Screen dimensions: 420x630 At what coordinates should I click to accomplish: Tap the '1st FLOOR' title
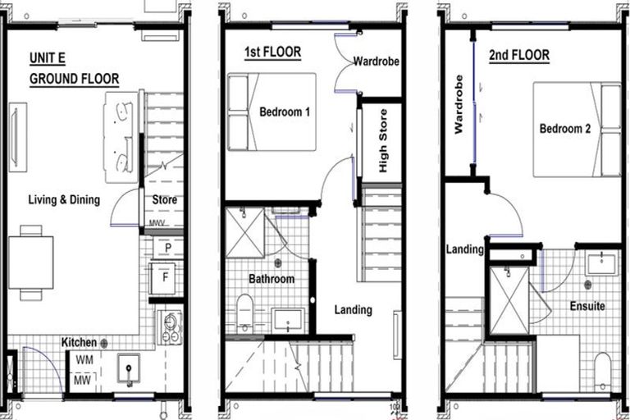coord(272,52)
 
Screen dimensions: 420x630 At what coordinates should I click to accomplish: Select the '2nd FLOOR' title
coord(518,56)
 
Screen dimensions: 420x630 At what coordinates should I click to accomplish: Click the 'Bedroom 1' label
coord(284,112)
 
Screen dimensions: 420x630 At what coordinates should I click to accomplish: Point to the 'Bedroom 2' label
coord(564,128)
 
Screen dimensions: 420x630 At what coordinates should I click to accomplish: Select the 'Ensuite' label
coord(587,306)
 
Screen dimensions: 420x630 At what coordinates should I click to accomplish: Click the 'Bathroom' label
coord(272,279)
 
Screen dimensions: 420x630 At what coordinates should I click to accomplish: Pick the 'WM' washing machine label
coord(84,360)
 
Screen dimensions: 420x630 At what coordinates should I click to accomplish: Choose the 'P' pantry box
coord(167,248)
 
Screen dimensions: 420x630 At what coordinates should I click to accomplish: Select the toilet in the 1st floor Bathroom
coord(244,312)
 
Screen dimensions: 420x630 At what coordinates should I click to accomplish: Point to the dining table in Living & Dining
coord(31,262)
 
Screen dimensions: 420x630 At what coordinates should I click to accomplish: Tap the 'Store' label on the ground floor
coord(164,200)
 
